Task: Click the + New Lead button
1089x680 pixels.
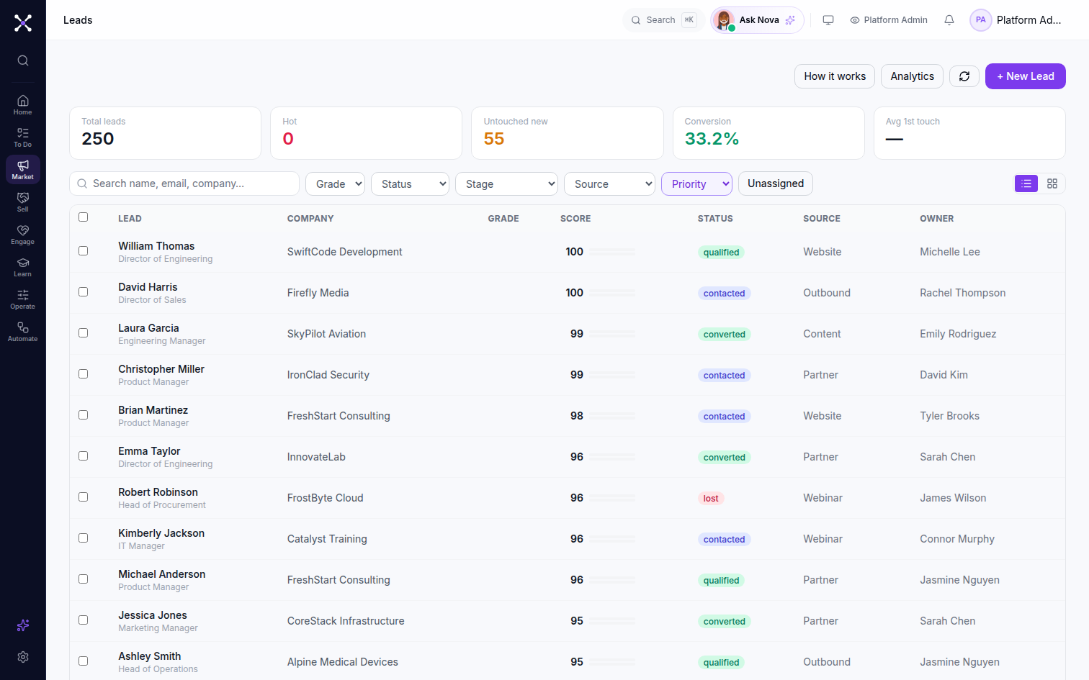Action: click(x=1026, y=76)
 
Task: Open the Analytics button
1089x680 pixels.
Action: click(x=912, y=76)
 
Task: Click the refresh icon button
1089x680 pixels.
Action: click(x=964, y=76)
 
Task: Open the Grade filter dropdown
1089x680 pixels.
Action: click(x=336, y=184)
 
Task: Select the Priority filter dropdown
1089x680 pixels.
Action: click(x=696, y=184)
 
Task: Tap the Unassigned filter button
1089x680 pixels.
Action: click(x=776, y=183)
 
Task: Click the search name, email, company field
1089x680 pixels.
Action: click(x=184, y=183)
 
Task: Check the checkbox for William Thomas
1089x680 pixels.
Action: click(x=83, y=250)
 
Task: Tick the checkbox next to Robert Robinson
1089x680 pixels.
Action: click(x=83, y=497)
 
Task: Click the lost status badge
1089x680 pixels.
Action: click(x=711, y=499)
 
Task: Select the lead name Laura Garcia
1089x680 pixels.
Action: click(x=148, y=328)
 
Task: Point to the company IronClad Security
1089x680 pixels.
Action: click(x=328, y=375)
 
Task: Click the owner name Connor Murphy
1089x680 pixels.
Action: click(x=956, y=539)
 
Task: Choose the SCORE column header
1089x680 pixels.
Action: click(x=575, y=219)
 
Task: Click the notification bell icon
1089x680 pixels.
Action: click(x=949, y=20)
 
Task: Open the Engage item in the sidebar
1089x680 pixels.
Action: click(x=23, y=235)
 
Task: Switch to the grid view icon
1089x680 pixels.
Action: click(x=1052, y=183)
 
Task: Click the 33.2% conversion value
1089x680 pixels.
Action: click(x=712, y=139)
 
